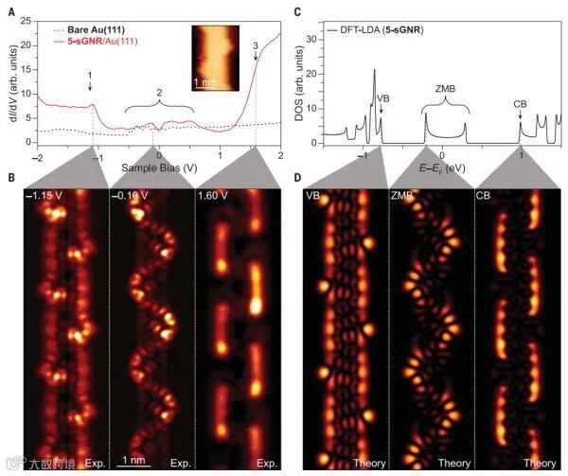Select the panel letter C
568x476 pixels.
point(298,11)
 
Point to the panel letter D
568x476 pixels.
point(298,177)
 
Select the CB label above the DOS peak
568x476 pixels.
point(520,103)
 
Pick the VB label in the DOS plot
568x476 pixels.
point(382,97)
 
